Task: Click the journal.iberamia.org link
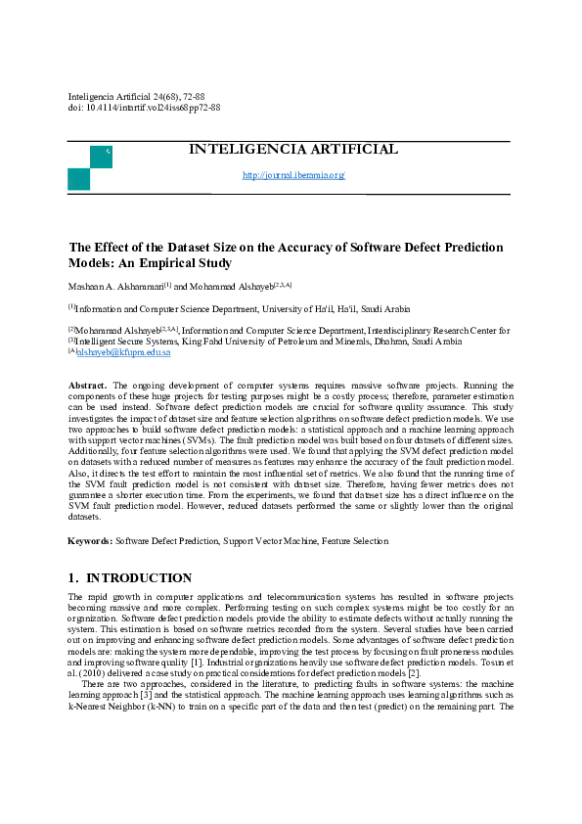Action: coord(293,175)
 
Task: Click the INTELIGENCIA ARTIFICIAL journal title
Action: coord(293,150)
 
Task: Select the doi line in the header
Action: coord(144,108)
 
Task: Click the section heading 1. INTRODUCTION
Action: coord(129,578)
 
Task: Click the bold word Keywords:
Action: coord(90,540)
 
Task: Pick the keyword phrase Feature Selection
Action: coord(354,540)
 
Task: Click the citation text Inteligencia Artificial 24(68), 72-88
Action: coord(136,97)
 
